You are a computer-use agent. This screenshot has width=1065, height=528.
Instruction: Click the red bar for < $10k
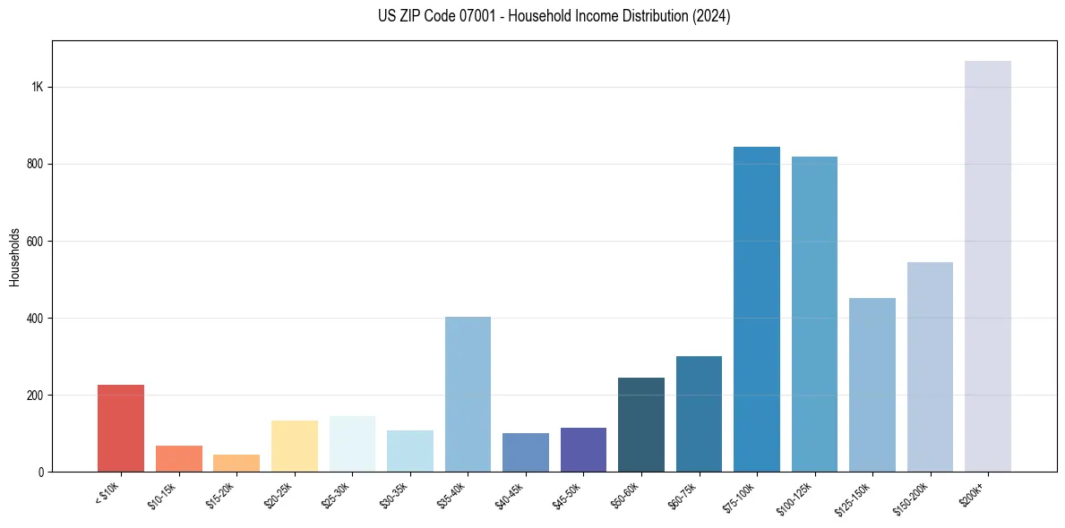[121, 428]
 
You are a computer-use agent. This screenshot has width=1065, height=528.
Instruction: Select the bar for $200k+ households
[988, 266]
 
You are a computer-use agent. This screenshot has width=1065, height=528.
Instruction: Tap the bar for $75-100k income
[757, 309]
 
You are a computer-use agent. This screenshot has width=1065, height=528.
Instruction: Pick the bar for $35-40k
[468, 394]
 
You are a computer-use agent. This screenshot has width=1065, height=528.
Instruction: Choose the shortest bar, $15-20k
[236, 463]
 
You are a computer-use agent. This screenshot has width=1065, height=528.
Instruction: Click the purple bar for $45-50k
[583, 449]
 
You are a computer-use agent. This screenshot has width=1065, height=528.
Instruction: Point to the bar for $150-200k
[930, 367]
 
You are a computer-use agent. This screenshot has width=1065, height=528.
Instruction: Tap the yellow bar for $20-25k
[295, 446]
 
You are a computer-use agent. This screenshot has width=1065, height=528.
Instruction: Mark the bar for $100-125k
[814, 314]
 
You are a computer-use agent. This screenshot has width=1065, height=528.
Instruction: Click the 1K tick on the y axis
[37, 88]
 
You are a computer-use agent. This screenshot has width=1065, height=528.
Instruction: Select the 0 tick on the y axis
[41, 472]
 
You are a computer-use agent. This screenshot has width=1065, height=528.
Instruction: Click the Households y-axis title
[14, 257]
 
